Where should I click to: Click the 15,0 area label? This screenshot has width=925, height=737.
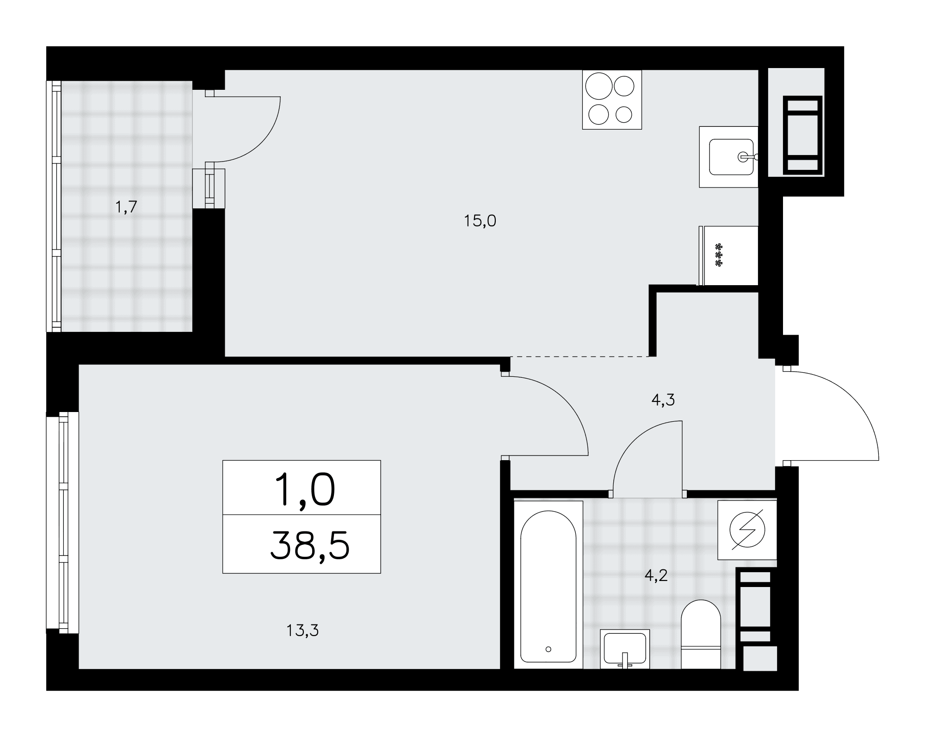(x=480, y=221)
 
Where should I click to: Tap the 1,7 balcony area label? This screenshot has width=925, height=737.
(x=126, y=207)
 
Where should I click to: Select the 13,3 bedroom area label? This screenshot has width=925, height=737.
(x=302, y=630)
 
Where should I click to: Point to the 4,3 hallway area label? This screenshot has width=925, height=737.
(x=663, y=400)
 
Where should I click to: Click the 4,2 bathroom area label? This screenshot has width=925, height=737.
(x=656, y=575)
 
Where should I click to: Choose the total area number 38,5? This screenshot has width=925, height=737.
(x=309, y=545)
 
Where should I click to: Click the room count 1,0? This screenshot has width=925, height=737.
(x=304, y=491)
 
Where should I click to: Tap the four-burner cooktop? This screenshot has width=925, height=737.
(x=612, y=100)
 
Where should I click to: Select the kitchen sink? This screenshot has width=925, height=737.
(x=728, y=157)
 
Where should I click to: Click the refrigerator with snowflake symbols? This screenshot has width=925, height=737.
(x=728, y=256)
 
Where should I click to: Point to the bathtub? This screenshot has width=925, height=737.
(x=548, y=585)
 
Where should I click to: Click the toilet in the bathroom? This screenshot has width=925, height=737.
(x=701, y=634)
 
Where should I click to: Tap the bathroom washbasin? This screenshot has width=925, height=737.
(x=625, y=649)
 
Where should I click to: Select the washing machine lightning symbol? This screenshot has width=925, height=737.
(x=747, y=529)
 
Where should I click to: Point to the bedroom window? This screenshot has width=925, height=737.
(x=62, y=522)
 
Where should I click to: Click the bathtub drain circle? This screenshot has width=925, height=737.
(x=549, y=649)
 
